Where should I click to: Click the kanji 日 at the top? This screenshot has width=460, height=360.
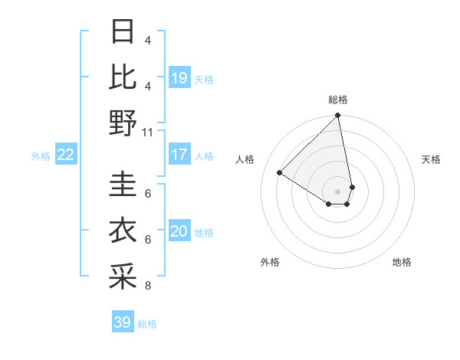[x=123, y=33]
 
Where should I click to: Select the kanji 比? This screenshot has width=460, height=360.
[x=123, y=78]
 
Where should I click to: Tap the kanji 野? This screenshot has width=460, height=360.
[x=123, y=123]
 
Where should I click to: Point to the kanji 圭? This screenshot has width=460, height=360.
[x=123, y=186]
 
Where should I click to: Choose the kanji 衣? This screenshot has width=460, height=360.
[x=123, y=231]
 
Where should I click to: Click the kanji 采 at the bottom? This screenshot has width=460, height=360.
[x=123, y=277]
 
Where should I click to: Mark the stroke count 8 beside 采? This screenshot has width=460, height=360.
[x=147, y=286]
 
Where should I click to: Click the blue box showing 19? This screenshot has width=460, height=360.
[x=179, y=78]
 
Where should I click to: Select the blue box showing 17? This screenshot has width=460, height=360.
[x=179, y=155]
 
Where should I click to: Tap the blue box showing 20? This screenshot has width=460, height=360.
[x=179, y=231]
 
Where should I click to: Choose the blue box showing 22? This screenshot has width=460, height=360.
[x=65, y=155]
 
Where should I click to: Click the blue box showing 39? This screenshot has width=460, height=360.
[x=122, y=322]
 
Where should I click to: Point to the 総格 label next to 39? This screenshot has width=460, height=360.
[x=147, y=324]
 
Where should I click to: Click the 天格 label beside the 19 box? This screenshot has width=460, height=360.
[x=204, y=80]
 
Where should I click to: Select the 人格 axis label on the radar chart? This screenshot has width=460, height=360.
[x=245, y=159]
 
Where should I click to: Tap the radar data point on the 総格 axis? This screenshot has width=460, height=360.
[x=337, y=116]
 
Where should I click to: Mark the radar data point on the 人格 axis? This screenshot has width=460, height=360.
[x=280, y=172]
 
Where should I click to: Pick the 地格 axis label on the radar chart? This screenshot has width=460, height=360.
[x=402, y=262]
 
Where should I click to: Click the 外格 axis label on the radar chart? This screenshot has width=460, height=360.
[x=270, y=262]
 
